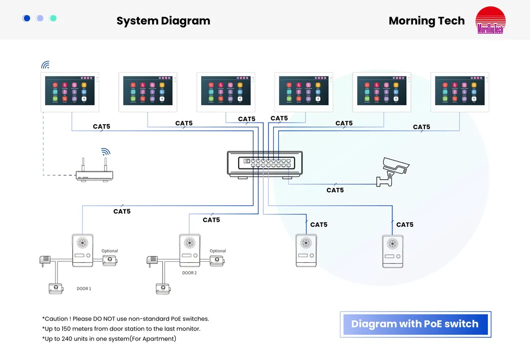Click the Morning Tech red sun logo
tap(490, 21)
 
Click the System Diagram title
tap(163, 21)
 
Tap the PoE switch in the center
tap(265, 163)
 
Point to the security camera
tap(394, 171)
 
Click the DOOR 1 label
tap(84, 289)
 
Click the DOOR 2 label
tap(189, 273)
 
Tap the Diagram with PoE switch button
tap(415, 324)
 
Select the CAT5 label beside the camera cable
tap(335, 190)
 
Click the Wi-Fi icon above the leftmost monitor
tap(46, 65)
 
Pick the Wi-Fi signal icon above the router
tap(105, 152)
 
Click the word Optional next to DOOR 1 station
tap(110, 251)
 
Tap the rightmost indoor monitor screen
tap(459, 91)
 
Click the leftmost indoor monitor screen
tap(70, 91)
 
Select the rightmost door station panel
tap(393, 251)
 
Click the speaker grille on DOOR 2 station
tap(190, 243)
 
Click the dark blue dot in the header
tap(27, 19)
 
